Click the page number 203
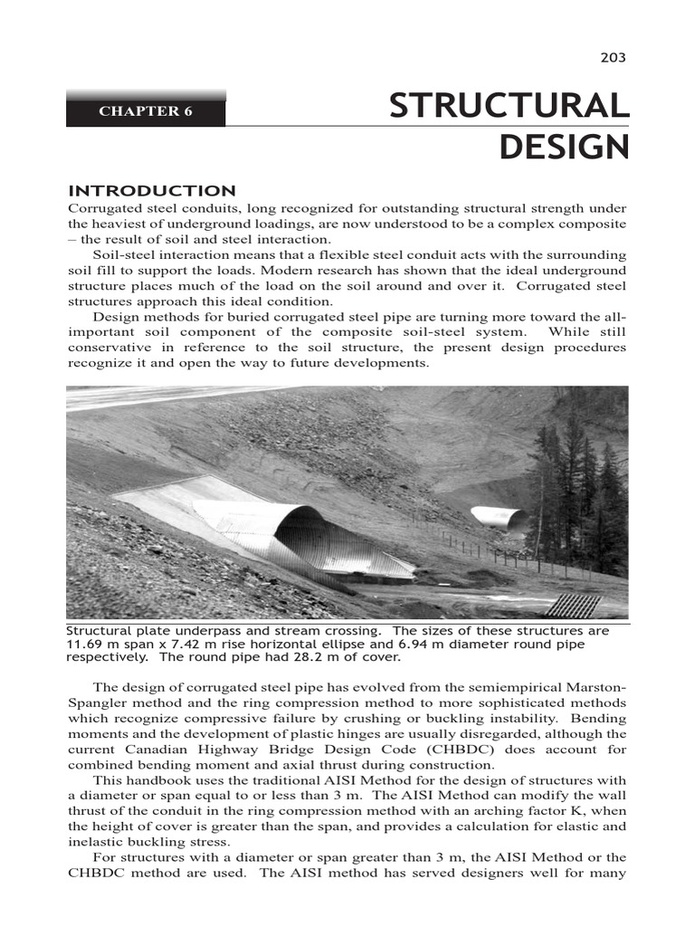point(613,58)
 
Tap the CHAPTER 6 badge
point(145,111)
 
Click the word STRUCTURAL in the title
point(509,106)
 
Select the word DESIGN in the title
point(563,146)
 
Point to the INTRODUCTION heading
point(152,190)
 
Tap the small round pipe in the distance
point(499,517)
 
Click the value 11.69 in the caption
point(86,644)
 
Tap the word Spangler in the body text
point(96,702)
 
